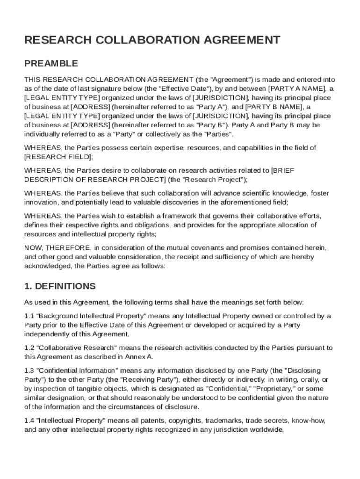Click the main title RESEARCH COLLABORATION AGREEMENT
click(x=152, y=40)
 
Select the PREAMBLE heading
click(x=51, y=64)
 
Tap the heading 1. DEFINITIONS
click(x=60, y=286)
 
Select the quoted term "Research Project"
click(x=214, y=179)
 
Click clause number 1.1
click(x=29, y=316)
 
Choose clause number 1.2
click(x=29, y=348)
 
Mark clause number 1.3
click(x=29, y=370)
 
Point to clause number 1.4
click(x=29, y=421)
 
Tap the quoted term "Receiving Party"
click(x=151, y=379)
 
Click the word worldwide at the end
click(x=268, y=430)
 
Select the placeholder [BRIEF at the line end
click(x=282, y=170)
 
